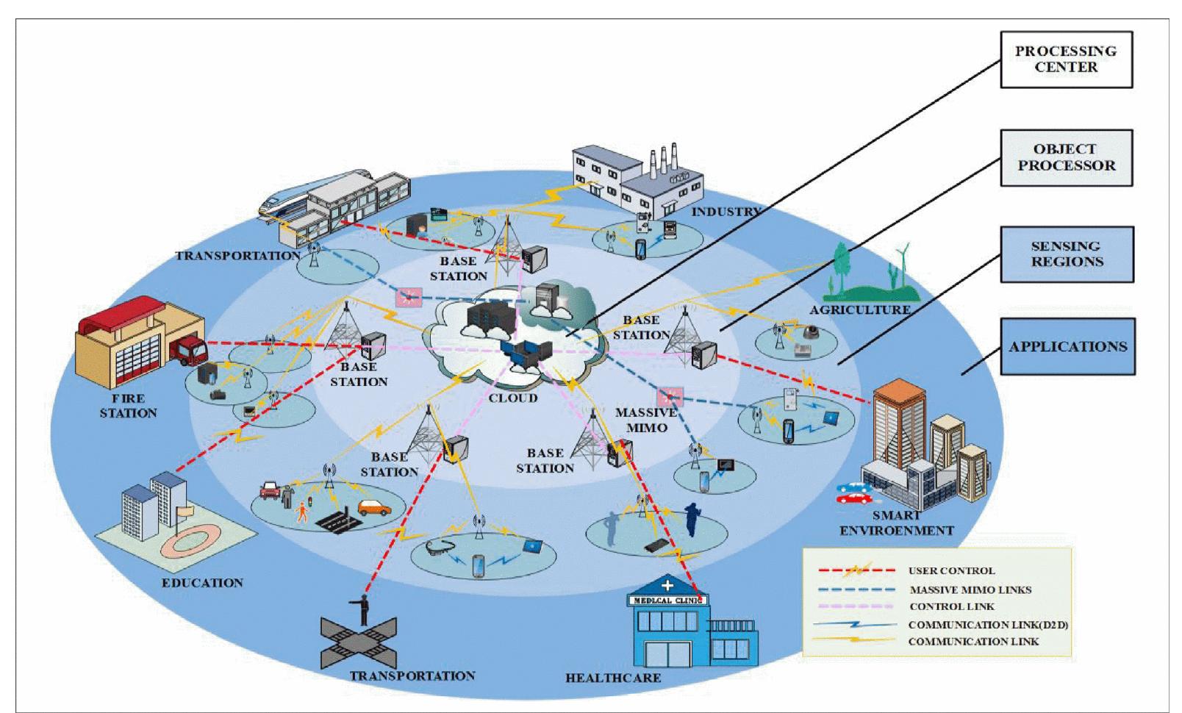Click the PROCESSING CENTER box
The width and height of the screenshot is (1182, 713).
tap(1065, 60)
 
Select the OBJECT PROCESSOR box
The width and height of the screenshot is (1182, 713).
tap(1065, 158)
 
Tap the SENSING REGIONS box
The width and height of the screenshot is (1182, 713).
tap(1066, 254)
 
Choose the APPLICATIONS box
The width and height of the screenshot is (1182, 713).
tap(1067, 347)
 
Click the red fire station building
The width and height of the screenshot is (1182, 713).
tap(136, 345)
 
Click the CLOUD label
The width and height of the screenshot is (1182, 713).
tap(513, 398)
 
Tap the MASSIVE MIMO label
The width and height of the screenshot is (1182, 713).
tap(646, 420)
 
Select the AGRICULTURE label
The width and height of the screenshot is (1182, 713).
tap(859, 310)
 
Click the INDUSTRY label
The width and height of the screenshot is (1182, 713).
tap(726, 212)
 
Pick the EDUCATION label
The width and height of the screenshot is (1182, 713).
tap(202, 583)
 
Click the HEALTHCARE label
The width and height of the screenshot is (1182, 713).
tap(612, 678)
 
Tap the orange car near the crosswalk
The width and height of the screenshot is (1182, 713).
tap(374, 508)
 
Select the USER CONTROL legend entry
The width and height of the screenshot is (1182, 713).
tap(951, 570)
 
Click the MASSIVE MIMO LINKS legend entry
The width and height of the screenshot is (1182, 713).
tap(970, 590)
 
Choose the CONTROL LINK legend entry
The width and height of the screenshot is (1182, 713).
tap(952, 606)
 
